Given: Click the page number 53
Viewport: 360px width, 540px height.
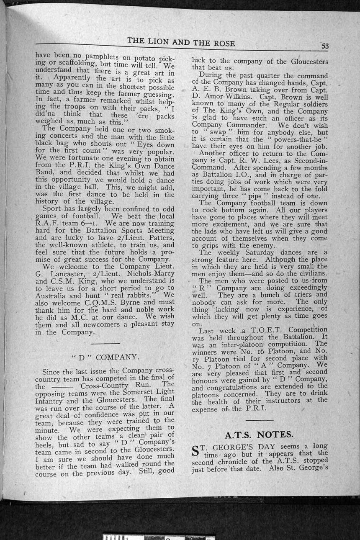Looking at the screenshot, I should pyautogui.click(x=324, y=46).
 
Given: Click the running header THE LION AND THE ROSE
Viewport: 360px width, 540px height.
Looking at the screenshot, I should pyautogui.click(x=181, y=42).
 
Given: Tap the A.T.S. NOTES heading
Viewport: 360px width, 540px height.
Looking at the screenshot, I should pyautogui.click(x=259, y=434).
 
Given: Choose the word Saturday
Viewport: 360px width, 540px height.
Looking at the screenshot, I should pyautogui.click(x=260, y=252).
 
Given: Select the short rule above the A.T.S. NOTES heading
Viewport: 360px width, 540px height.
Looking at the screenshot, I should pyautogui.click(x=259, y=419).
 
